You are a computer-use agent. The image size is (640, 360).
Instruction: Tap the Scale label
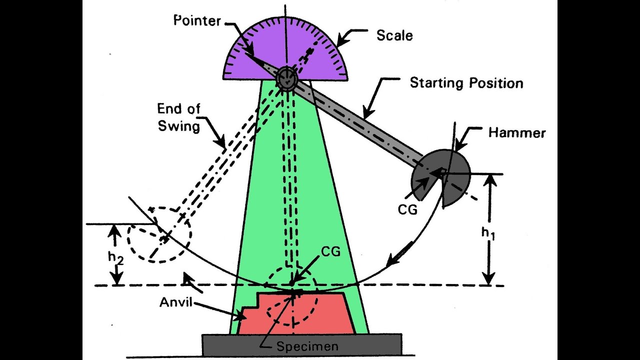394,35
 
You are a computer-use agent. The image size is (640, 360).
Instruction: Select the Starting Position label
466,83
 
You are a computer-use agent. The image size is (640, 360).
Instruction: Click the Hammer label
516,133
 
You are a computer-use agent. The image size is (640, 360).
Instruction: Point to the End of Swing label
178,117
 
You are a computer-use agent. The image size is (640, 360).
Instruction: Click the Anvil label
176,302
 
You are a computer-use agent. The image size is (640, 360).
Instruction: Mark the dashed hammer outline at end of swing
159,234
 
